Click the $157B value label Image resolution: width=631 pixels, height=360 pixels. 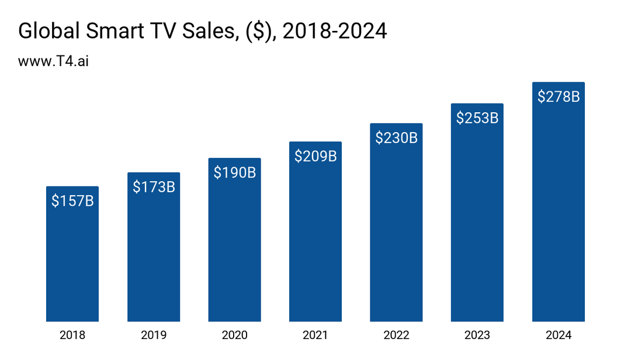pyautogui.click(x=72, y=201)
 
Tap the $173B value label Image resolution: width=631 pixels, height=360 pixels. pyautogui.click(x=154, y=187)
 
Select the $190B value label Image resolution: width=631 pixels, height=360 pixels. pyautogui.click(x=234, y=172)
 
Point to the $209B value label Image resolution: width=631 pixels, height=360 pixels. pyautogui.click(x=315, y=156)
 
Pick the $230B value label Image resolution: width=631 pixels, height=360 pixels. pyautogui.click(x=396, y=138)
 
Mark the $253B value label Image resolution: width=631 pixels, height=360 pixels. pyautogui.click(x=477, y=118)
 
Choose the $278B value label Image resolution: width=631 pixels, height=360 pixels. pyautogui.click(x=559, y=96)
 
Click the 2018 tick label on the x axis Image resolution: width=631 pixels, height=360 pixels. pyautogui.click(x=72, y=335)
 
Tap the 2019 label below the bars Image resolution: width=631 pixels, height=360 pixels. pyautogui.click(x=154, y=335)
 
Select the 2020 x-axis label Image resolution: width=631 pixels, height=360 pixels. pyautogui.click(x=234, y=335)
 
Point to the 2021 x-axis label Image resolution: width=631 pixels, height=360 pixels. pyautogui.click(x=315, y=335)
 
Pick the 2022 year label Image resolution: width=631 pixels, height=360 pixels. pyautogui.click(x=396, y=335)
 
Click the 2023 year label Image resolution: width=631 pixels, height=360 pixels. pyautogui.click(x=477, y=335)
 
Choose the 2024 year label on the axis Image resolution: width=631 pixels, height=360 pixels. pyautogui.click(x=559, y=335)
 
